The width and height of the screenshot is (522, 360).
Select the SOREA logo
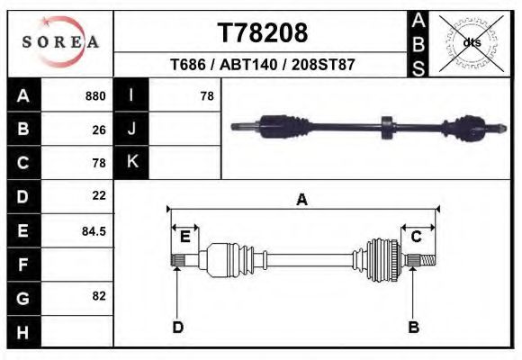pyautogui.click(x=60, y=42)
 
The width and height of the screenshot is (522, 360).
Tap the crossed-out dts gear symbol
pyautogui.click(x=472, y=41)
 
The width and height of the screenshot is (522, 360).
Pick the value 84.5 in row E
pyautogui.click(x=94, y=230)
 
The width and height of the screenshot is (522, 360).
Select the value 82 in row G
pyautogui.click(x=98, y=296)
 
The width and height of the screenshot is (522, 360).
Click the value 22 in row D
pyautogui.click(x=98, y=195)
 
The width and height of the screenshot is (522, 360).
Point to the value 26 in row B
pyautogui.click(x=98, y=130)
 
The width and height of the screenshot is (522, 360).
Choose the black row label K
pyautogui.click(x=131, y=162)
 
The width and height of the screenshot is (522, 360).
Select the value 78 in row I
pyautogui.click(x=206, y=96)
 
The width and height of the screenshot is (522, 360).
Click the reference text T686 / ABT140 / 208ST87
pyautogui.click(x=263, y=65)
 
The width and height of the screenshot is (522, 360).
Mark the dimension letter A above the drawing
pyautogui.click(x=301, y=200)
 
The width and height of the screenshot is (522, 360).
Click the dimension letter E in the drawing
pyautogui.click(x=185, y=237)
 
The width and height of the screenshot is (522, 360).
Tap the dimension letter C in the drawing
pyautogui.click(x=417, y=237)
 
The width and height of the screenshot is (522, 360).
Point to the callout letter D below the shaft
pyautogui.click(x=177, y=328)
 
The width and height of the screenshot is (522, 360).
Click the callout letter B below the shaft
pyautogui.click(x=414, y=328)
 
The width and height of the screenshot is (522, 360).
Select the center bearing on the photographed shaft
pyautogui.click(x=386, y=127)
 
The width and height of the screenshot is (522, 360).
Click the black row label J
pyautogui.click(x=131, y=130)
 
